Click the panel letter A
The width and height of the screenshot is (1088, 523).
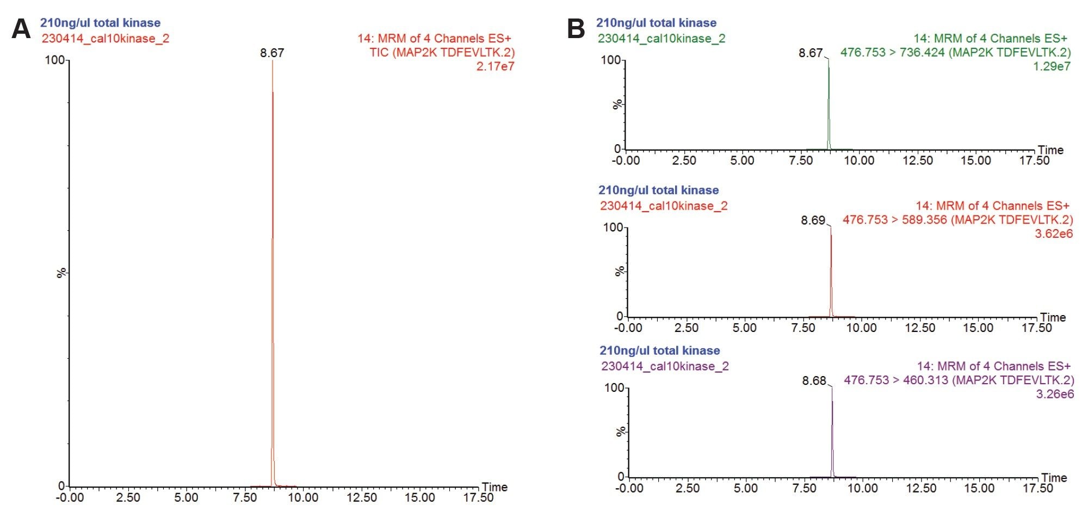[21, 29]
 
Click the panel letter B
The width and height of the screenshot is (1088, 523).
[576, 29]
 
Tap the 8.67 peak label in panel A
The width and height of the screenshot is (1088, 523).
[272, 53]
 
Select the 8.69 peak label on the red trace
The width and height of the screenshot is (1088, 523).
[813, 220]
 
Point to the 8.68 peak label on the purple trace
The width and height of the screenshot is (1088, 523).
[814, 380]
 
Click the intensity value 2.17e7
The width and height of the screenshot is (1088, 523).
[495, 66]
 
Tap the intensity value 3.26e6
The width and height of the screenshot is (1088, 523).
[1055, 394]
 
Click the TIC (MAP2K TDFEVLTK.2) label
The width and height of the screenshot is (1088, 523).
[442, 53]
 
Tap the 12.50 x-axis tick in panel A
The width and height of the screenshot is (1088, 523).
[362, 497]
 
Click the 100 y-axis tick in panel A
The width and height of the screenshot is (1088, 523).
[54, 60]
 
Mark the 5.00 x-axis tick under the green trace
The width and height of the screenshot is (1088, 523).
[742, 161]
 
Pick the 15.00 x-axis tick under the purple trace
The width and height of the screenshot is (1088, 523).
[979, 488]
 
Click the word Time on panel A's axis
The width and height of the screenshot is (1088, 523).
[494, 487]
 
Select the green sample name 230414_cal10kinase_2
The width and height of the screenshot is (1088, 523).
[662, 39]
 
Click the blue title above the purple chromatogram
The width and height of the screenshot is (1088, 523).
[659, 350]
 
